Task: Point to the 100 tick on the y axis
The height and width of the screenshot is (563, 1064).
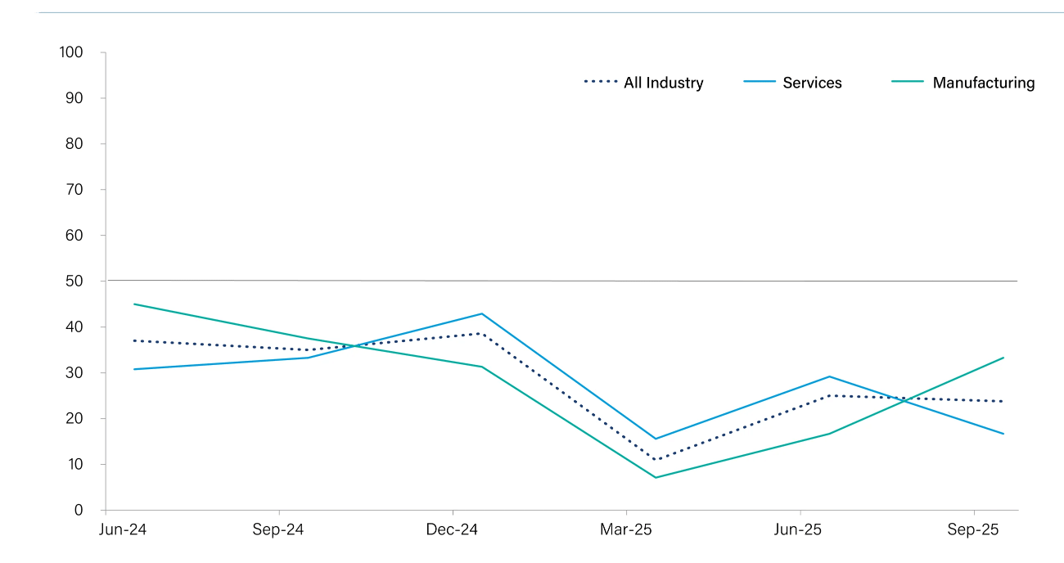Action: pos(71,52)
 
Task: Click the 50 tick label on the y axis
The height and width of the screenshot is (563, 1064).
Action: pos(74,281)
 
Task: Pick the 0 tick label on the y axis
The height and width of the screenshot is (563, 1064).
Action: pos(79,511)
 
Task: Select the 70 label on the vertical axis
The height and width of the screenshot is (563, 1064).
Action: pos(74,190)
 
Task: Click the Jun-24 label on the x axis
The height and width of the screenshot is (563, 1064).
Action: pos(123,530)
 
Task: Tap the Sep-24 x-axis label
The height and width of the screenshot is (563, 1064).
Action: pos(278,530)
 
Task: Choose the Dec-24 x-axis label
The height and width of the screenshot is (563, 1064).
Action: pos(452,530)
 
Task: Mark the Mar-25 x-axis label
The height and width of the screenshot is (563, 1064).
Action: pos(626,530)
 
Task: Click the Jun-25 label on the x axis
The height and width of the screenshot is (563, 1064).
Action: pos(799,530)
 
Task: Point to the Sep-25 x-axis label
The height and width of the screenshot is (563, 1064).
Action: pos(973,530)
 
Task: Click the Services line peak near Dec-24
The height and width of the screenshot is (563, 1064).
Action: pos(482,313)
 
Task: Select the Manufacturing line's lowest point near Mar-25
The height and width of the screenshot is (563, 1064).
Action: pos(656,477)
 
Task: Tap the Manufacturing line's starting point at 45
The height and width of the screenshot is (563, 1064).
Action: pos(133,304)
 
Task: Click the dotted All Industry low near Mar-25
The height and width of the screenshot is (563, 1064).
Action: pos(656,459)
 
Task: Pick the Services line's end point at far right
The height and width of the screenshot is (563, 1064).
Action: pos(1003,434)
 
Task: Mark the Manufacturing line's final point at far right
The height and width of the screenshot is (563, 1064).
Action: pos(1003,358)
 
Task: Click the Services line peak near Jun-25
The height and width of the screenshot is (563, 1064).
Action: pos(830,376)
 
